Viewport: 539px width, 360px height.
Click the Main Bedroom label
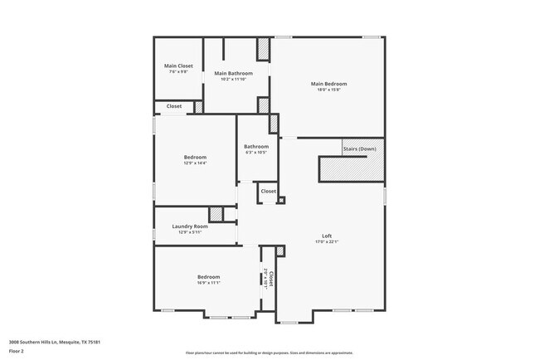[x=328, y=84]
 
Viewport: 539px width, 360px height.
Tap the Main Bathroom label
[x=233, y=74]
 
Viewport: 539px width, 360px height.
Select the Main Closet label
[x=178, y=66]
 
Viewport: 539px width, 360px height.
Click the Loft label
[x=327, y=235]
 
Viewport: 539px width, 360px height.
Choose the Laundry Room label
[x=189, y=226]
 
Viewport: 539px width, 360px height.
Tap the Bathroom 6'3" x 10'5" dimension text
[x=256, y=153]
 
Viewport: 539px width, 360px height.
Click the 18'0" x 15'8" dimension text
[x=328, y=90]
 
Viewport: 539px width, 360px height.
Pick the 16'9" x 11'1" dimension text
[x=208, y=283]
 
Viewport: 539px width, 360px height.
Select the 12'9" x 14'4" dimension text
[x=195, y=163]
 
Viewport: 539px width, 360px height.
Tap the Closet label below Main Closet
[x=174, y=106]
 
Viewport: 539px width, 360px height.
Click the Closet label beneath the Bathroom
[x=268, y=192]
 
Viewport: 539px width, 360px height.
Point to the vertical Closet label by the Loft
[x=271, y=279]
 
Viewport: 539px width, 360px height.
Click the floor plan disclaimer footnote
[x=269, y=353]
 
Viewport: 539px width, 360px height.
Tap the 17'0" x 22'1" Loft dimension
[x=327, y=241]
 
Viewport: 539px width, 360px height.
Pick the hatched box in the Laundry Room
[x=216, y=214]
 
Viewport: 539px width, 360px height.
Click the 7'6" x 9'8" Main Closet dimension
[x=178, y=72]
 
